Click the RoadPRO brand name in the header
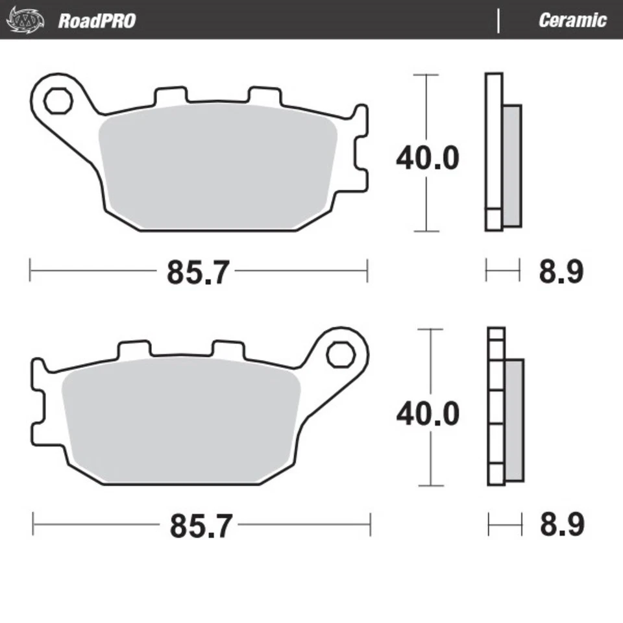pyautogui.click(x=97, y=20)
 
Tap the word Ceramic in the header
pyautogui.click(x=572, y=20)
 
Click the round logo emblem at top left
pyautogui.click(x=25, y=20)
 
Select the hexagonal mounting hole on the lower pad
pyautogui.click(x=338, y=354)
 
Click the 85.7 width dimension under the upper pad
pyautogui.click(x=198, y=272)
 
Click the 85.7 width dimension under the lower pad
pyautogui.click(x=201, y=526)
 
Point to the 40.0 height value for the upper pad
pyautogui.click(x=427, y=158)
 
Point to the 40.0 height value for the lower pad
pyautogui.click(x=427, y=413)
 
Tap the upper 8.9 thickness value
pyautogui.click(x=561, y=272)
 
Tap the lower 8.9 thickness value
pyautogui.click(x=562, y=525)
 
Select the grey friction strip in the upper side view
pyautogui.click(x=511, y=165)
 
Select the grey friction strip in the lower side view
pyautogui.click(x=513, y=421)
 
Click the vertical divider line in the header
pyautogui.click(x=498, y=20)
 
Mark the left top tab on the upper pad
pyautogui.click(x=171, y=95)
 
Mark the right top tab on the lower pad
pyautogui.click(x=230, y=348)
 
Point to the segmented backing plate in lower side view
pyautogui.click(x=496, y=406)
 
